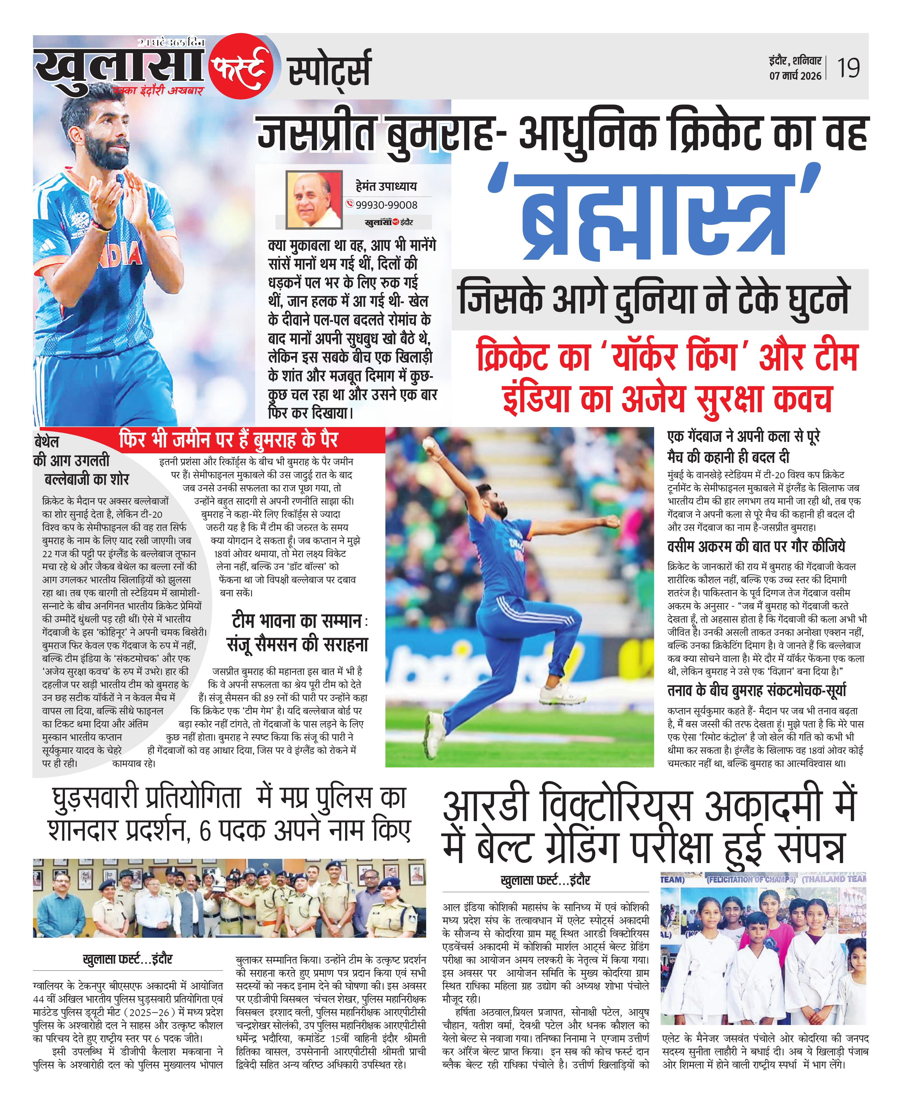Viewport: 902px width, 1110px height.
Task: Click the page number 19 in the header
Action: click(x=848, y=68)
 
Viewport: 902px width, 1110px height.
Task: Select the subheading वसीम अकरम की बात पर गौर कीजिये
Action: click(x=756, y=546)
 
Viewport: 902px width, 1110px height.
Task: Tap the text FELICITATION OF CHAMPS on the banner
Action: click(x=751, y=879)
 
